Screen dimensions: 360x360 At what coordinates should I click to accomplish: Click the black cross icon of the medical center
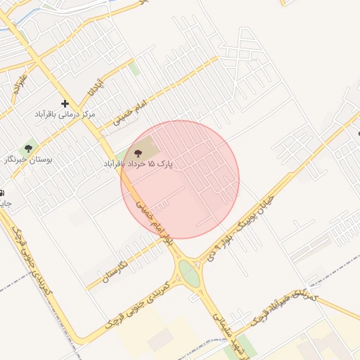pyautogui.click(x=65, y=103)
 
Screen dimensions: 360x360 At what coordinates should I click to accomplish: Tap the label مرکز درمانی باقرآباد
pyautogui.click(x=66, y=114)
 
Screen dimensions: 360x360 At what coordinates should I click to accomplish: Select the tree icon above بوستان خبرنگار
pyautogui.click(x=29, y=148)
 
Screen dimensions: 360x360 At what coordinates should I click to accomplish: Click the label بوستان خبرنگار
pyautogui.click(x=29, y=160)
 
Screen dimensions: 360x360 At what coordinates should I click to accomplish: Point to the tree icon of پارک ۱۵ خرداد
pyautogui.click(x=137, y=153)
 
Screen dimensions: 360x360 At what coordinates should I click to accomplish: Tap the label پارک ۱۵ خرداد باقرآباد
pyautogui.click(x=138, y=164)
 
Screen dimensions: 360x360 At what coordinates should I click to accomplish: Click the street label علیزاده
pyautogui.click(x=18, y=83)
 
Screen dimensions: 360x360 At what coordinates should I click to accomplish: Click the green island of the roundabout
pyautogui.click(x=189, y=273)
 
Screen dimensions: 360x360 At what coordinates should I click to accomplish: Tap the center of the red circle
pyautogui.click(x=180, y=179)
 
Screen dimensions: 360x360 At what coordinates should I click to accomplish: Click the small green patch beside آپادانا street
pyautogui.click(x=134, y=69)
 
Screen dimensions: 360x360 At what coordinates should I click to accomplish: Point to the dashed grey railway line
pyautogui.click(x=330, y=271)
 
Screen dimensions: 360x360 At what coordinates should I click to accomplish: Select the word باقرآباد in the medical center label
pyautogui.click(x=51, y=114)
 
